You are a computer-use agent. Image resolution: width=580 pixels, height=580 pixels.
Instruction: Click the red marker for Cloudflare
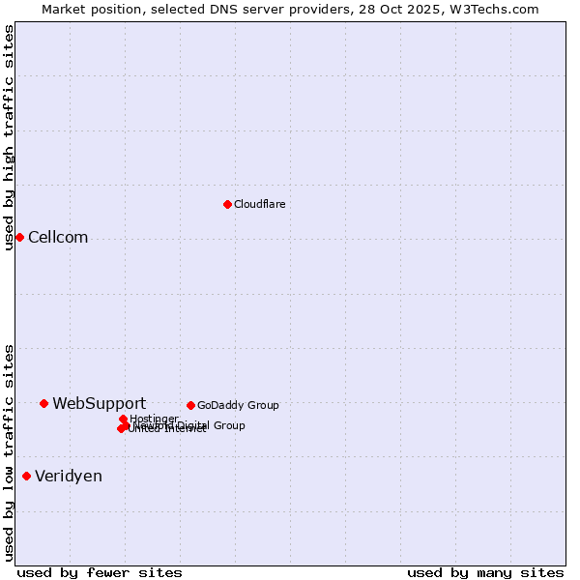227,204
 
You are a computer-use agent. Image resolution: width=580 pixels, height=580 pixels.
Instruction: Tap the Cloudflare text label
259,204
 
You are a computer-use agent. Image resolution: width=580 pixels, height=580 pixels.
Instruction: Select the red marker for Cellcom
19,237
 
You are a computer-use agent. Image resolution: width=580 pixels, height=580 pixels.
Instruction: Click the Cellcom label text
58,238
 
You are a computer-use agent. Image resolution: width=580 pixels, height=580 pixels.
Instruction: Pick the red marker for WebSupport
44,403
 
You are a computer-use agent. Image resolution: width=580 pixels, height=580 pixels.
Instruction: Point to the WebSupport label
99,403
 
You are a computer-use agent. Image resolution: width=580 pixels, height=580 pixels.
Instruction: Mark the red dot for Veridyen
26,476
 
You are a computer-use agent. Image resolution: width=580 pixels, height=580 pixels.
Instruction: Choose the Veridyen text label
69,476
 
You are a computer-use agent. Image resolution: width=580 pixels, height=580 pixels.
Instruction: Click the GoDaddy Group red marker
190,405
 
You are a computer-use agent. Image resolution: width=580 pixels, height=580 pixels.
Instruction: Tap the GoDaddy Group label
238,405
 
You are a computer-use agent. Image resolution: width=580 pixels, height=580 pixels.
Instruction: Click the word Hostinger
154,419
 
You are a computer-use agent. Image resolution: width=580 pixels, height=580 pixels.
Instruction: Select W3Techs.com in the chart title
492,9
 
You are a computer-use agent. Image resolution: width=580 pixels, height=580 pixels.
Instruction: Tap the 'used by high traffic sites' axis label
9,137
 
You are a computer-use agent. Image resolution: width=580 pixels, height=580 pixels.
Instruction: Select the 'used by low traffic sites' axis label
9,451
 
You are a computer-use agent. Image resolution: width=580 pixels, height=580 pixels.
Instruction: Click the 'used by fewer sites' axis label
100,572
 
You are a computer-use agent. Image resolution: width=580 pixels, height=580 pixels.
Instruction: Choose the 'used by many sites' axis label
485,572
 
